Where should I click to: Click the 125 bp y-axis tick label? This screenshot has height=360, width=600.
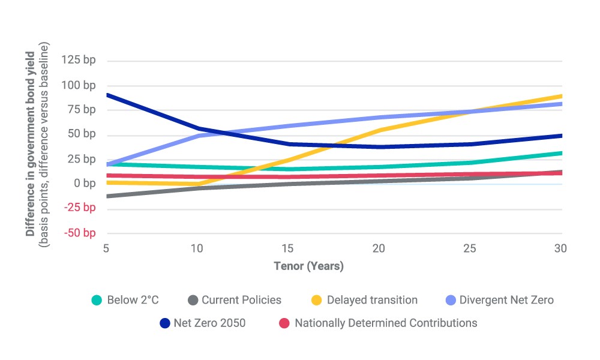click(x=79, y=60)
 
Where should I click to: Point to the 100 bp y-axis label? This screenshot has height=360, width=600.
click(x=79, y=85)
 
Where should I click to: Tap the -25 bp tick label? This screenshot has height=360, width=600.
click(x=80, y=208)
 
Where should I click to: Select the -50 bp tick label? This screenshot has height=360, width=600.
click(x=80, y=233)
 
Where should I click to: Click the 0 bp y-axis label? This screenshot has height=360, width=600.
click(x=85, y=183)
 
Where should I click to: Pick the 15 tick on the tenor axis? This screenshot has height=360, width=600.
click(x=287, y=248)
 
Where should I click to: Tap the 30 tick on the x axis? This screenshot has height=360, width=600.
click(x=560, y=248)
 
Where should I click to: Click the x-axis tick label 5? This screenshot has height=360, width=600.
click(x=106, y=248)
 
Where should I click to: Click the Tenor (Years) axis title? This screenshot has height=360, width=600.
click(x=308, y=266)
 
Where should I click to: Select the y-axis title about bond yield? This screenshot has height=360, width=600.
click(x=37, y=144)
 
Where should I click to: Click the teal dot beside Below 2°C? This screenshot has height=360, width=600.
click(x=97, y=301)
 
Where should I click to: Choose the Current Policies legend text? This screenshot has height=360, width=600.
click(x=241, y=300)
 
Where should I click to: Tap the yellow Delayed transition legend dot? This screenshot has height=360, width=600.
click(x=316, y=301)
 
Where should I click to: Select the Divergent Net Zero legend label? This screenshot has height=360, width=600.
click(x=506, y=300)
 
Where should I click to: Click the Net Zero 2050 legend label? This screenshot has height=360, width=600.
click(x=209, y=323)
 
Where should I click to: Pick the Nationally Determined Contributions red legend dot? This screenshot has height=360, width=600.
click(x=284, y=323)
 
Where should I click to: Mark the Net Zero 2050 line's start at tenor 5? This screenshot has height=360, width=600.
click(x=108, y=94)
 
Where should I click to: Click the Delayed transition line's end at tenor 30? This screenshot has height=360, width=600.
click(x=562, y=96)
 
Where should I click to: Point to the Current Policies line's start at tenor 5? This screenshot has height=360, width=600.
click(x=108, y=196)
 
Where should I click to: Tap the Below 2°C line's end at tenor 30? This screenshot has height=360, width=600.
click(x=562, y=153)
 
